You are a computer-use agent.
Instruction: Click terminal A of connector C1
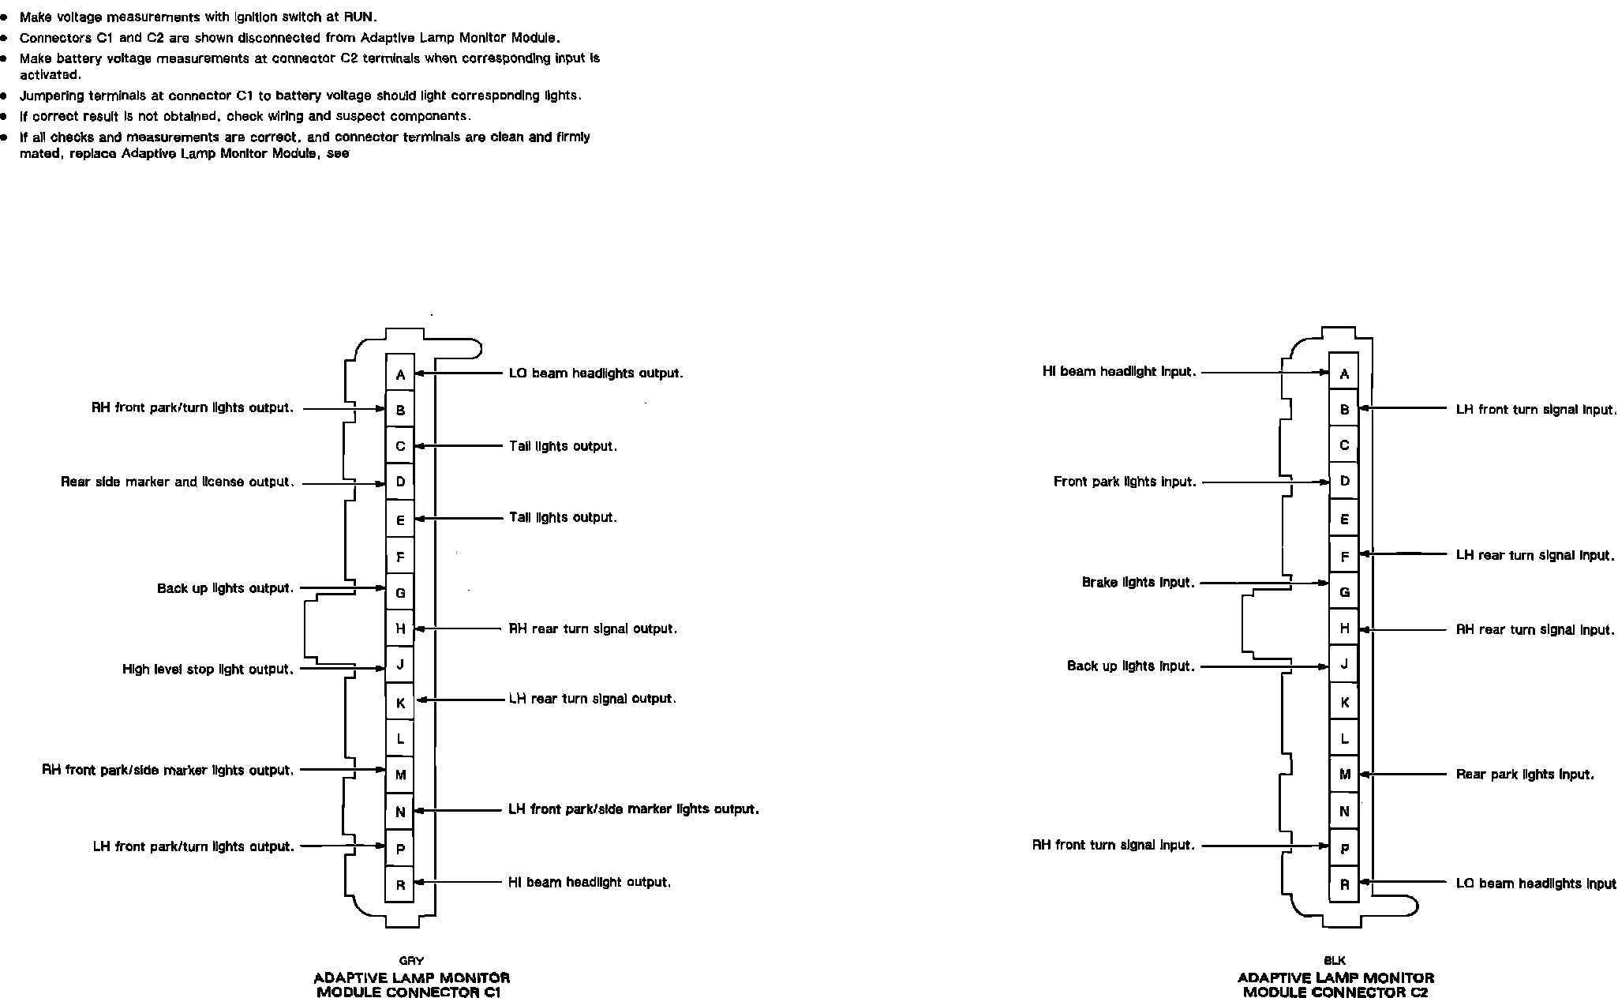pyautogui.click(x=400, y=374)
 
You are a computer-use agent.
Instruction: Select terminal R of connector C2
pyautogui.click(x=1344, y=884)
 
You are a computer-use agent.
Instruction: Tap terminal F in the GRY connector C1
pyautogui.click(x=400, y=557)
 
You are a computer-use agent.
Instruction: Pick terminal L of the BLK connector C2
pyautogui.click(x=1344, y=739)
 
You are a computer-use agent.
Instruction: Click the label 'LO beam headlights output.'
pyautogui.click(x=596, y=373)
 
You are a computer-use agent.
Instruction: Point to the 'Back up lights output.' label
pyautogui.click(x=225, y=588)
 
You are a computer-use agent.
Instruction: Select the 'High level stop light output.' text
pyautogui.click(x=208, y=669)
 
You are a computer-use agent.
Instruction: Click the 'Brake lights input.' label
pyautogui.click(x=1137, y=583)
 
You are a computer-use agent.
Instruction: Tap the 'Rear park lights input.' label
pyautogui.click(x=1524, y=775)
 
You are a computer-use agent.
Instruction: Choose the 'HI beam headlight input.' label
pyautogui.click(x=1118, y=372)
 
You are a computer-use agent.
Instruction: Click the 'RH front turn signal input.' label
pyautogui.click(x=1113, y=845)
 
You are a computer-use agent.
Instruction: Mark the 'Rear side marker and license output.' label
pyautogui.click(x=177, y=482)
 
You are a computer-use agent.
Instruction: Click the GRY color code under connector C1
pyautogui.click(x=411, y=961)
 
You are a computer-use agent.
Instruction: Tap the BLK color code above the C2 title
pyautogui.click(x=1334, y=961)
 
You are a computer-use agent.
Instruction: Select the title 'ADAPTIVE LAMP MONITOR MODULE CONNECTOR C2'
pyautogui.click(x=1335, y=985)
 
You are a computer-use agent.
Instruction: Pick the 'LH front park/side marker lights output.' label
pyautogui.click(x=633, y=809)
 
